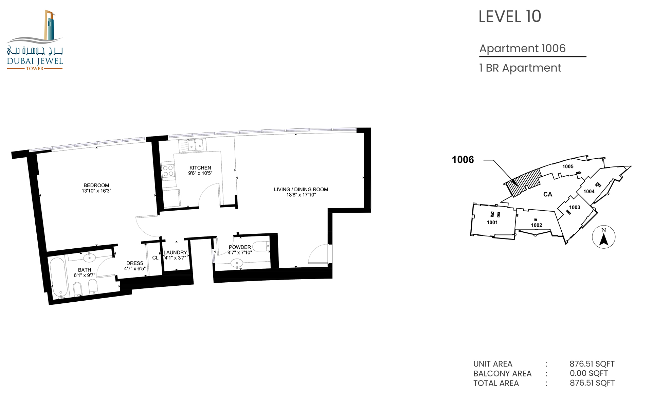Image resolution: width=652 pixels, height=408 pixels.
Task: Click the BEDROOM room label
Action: point(96,185)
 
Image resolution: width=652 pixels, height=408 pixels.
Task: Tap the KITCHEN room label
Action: point(200,168)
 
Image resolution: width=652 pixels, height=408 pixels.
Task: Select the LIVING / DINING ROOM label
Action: point(301,190)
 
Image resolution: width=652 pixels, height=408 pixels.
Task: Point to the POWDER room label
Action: point(240,247)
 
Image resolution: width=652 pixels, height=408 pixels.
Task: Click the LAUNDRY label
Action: point(175,252)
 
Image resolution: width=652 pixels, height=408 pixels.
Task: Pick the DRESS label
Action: point(135,263)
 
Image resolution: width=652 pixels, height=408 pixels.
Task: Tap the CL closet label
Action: point(155,258)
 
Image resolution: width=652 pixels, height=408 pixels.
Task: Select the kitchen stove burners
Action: point(168,171)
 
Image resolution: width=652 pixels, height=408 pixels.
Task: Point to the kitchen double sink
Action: point(192,145)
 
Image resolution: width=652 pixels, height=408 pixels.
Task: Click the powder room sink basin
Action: point(237,263)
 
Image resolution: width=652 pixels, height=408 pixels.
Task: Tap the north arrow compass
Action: point(603,237)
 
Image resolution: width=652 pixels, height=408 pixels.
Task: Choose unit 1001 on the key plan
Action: point(492,223)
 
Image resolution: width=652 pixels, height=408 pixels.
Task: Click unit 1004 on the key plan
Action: point(589,192)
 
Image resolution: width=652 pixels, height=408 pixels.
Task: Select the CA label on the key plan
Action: point(548,194)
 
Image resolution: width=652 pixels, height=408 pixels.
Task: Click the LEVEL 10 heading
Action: point(510,16)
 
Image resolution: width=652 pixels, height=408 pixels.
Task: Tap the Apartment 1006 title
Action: point(522,49)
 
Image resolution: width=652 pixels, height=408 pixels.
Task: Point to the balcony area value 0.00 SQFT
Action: point(589,373)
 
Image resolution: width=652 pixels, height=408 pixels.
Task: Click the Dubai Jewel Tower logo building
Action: point(50,25)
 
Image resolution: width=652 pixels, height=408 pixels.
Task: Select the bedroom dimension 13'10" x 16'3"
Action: point(96,191)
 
